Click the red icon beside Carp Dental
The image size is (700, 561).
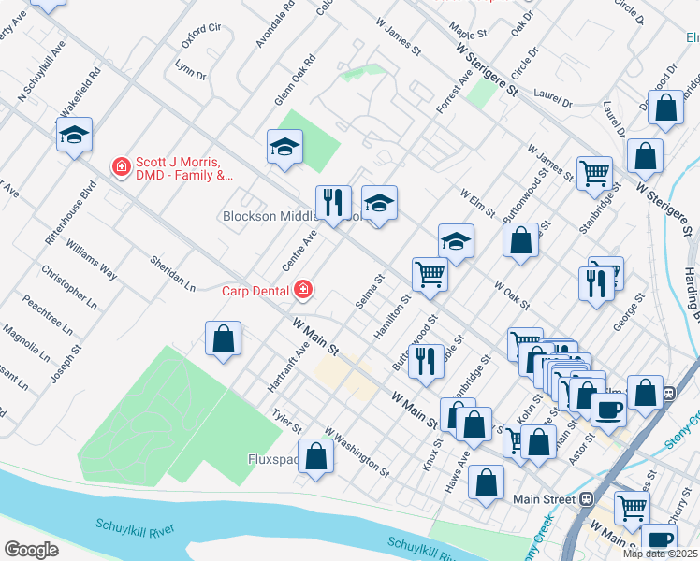[x=302, y=290]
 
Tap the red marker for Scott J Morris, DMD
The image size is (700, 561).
[x=121, y=167]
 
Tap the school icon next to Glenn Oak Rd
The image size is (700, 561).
[x=284, y=147]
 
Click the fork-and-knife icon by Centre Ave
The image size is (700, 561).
[x=333, y=201]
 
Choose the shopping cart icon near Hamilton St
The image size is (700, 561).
[x=430, y=274]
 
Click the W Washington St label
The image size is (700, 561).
[x=357, y=449]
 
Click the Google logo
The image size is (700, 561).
[x=31, y=549]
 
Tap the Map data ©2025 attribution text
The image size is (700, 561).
[x=661, y=554]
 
